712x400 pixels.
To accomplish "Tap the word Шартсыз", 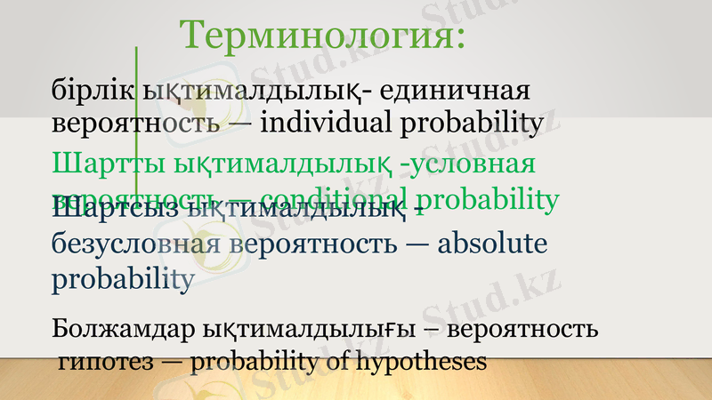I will coord(113,212).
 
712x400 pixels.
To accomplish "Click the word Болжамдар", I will coord(117,330).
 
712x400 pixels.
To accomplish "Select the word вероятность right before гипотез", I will coord(522,330).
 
